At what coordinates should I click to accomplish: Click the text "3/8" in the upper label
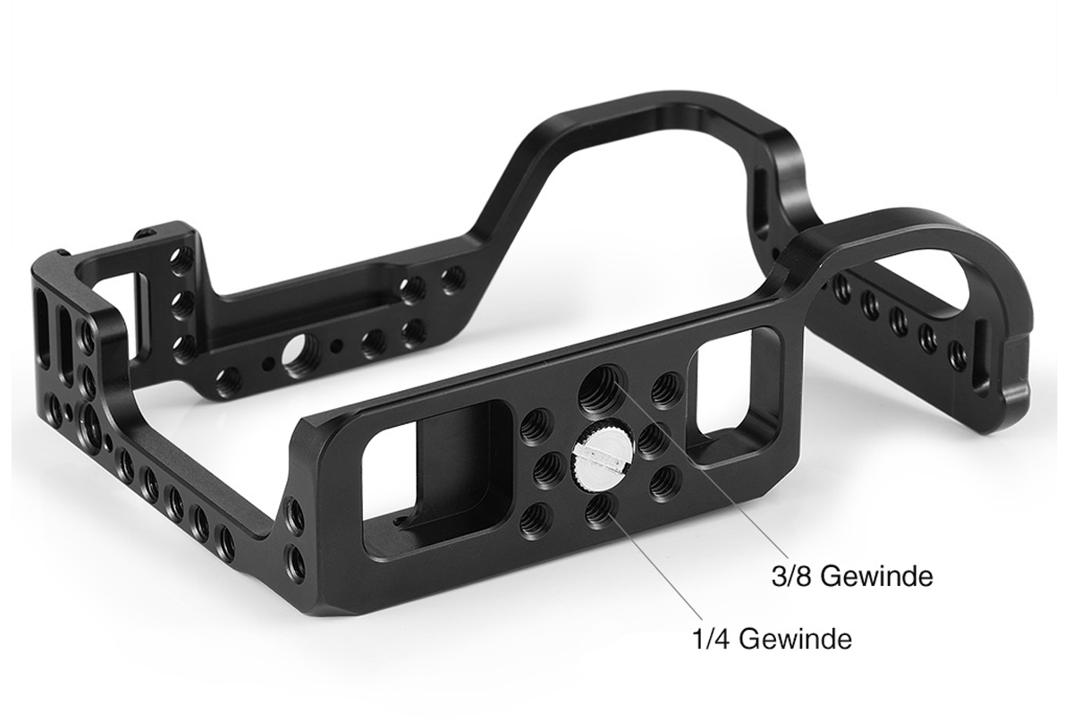click(x=790, y=576)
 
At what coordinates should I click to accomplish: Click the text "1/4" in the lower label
click(x=712, y=639)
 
